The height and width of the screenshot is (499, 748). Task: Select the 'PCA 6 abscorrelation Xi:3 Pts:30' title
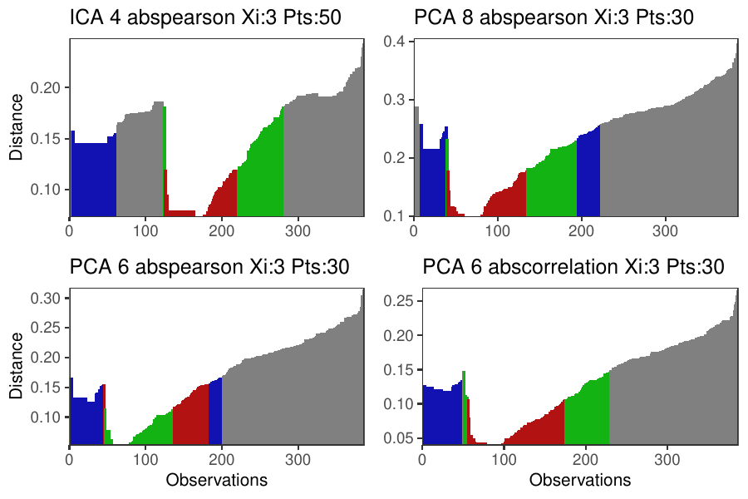tap(573, 267)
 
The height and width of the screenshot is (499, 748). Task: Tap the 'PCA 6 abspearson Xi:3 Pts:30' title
tap(209, 267)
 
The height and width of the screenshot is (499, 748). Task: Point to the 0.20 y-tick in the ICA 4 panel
tap(51, 87)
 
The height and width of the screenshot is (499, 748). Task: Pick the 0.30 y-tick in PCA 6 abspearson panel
tap(51, 298)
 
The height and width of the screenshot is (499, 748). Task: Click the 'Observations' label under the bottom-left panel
tap(216, 480)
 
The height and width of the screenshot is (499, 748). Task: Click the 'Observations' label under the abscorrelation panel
tap(579, 480)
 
